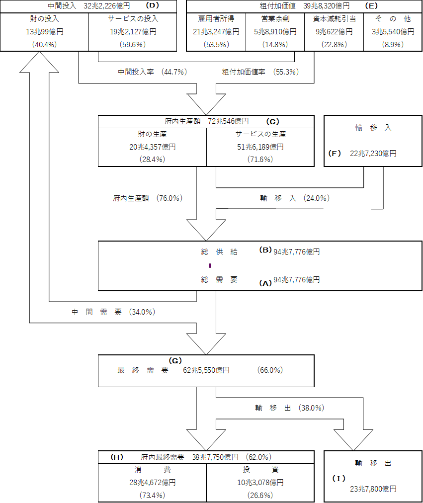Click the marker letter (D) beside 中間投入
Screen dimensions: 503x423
tap(153, 6)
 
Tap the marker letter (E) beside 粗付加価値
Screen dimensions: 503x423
tap(371, 6)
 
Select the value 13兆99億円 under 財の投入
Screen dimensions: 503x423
tap(45, 31)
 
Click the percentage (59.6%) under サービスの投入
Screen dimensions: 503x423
tap(133, 44)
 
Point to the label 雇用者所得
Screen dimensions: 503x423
tap(216, 19)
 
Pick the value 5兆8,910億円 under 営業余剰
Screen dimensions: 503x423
tap(275, 31)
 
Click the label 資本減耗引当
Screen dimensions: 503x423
tap(334, 19)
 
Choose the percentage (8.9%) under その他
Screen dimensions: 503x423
tap(393, 44)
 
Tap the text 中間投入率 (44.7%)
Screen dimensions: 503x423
tap(152, 72)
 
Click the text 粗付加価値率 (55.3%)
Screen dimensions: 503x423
tap(260, 72)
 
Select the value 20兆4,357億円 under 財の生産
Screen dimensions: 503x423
tap(152, 147)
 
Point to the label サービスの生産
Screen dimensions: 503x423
tap(260, 134)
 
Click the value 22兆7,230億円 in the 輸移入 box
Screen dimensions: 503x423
tap(373, 154)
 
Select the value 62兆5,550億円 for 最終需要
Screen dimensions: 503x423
tap(206, 370)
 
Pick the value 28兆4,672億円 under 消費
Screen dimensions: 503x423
tap(152, 482)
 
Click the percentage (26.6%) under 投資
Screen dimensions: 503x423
tap(260, 495)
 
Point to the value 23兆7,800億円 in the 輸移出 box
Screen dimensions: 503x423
tap(373, 489)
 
